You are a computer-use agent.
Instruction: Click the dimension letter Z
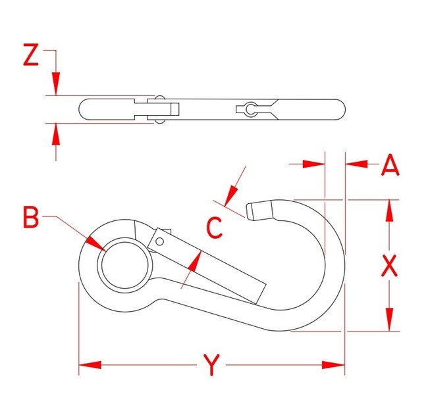pos(30,57)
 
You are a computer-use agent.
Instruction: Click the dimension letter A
pos(390,164)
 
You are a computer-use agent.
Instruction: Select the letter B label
pos(31,217)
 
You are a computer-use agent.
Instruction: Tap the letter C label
pos(214,228)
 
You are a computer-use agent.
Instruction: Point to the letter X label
pos(390,265)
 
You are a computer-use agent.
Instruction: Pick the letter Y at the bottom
pos(211,365)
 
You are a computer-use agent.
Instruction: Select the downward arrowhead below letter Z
pos(55,85)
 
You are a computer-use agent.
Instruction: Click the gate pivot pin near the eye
pos(160,241)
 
